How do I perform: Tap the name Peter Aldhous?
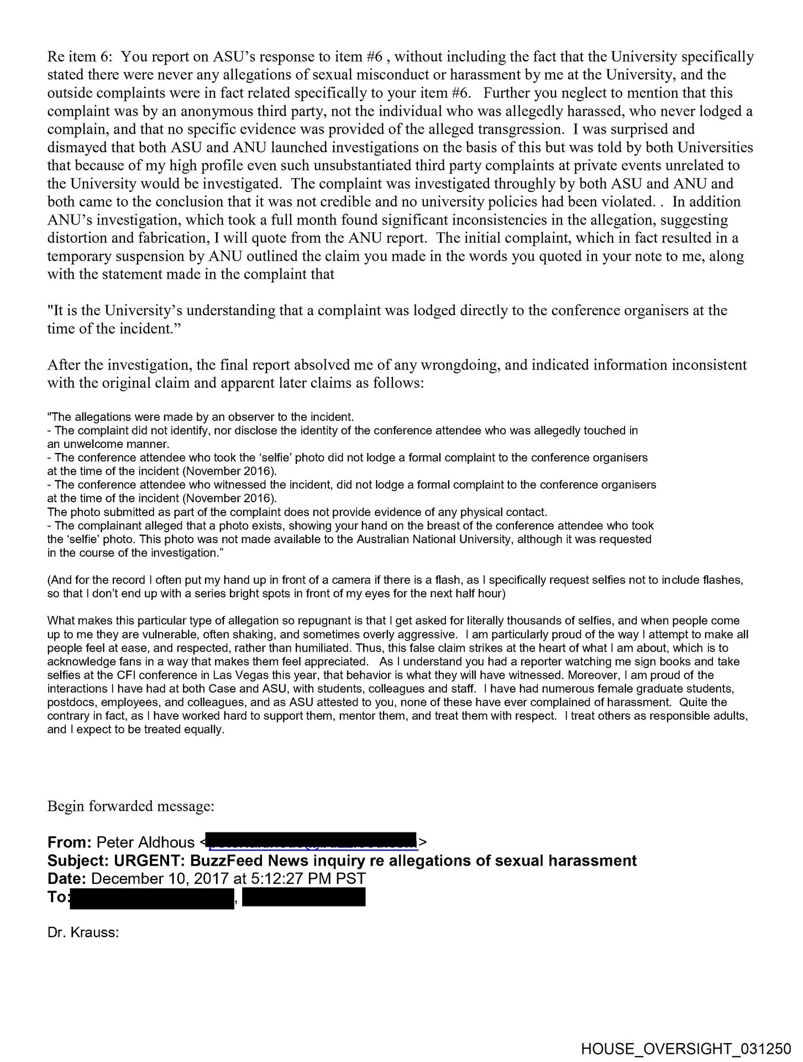coord(145,842)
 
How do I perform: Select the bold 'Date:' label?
coord(66,879)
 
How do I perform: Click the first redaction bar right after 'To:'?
coord(152,897)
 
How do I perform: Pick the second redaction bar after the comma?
coord(303,897)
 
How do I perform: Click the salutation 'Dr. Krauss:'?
coord(83,933)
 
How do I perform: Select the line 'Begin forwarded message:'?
coord(130,806)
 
